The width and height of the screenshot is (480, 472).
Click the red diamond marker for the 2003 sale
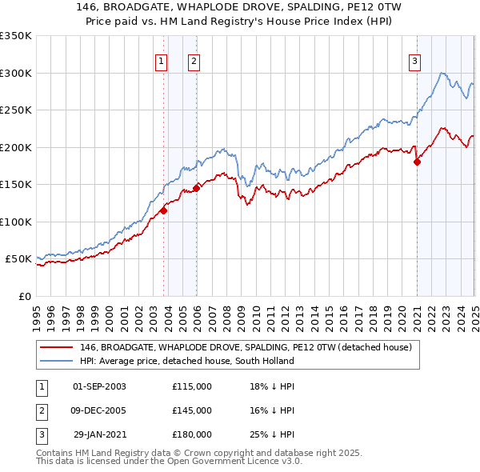tap(163, 211)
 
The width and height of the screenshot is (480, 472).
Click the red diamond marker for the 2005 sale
tap(197, 189)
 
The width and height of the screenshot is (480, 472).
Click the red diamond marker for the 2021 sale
tap(417, 162)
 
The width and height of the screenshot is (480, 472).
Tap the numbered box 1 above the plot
tap(161, 60)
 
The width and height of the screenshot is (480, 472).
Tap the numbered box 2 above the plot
tap(194, 60)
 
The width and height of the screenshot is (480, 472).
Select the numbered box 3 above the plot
tap(415, 60)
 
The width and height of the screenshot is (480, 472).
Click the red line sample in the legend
tap(56, 347)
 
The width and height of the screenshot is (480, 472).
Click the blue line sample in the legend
tap(56, 361)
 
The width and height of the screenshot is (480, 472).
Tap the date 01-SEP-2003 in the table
tap(99, 386)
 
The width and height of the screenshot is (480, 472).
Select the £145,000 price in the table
tap(192, 410)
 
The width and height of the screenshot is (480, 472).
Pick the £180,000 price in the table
tap(192, 434)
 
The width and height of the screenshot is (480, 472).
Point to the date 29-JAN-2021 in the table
tap(99, 434)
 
